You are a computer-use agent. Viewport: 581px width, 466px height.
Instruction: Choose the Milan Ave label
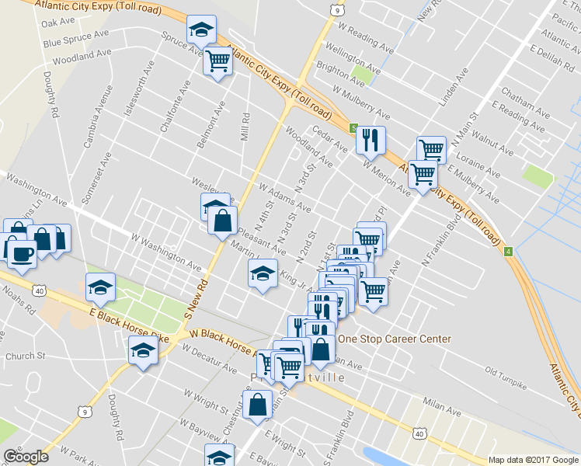(443, 405)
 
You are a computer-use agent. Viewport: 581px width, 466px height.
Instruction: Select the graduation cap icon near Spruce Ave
(200, 30)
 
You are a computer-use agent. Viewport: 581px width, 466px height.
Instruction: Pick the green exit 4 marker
(508, 252)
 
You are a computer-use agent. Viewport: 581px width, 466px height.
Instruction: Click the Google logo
(26, 457)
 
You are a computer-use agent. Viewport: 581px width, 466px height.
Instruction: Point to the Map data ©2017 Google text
(533, 460)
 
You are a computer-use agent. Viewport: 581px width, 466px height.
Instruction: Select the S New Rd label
(197, 301)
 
